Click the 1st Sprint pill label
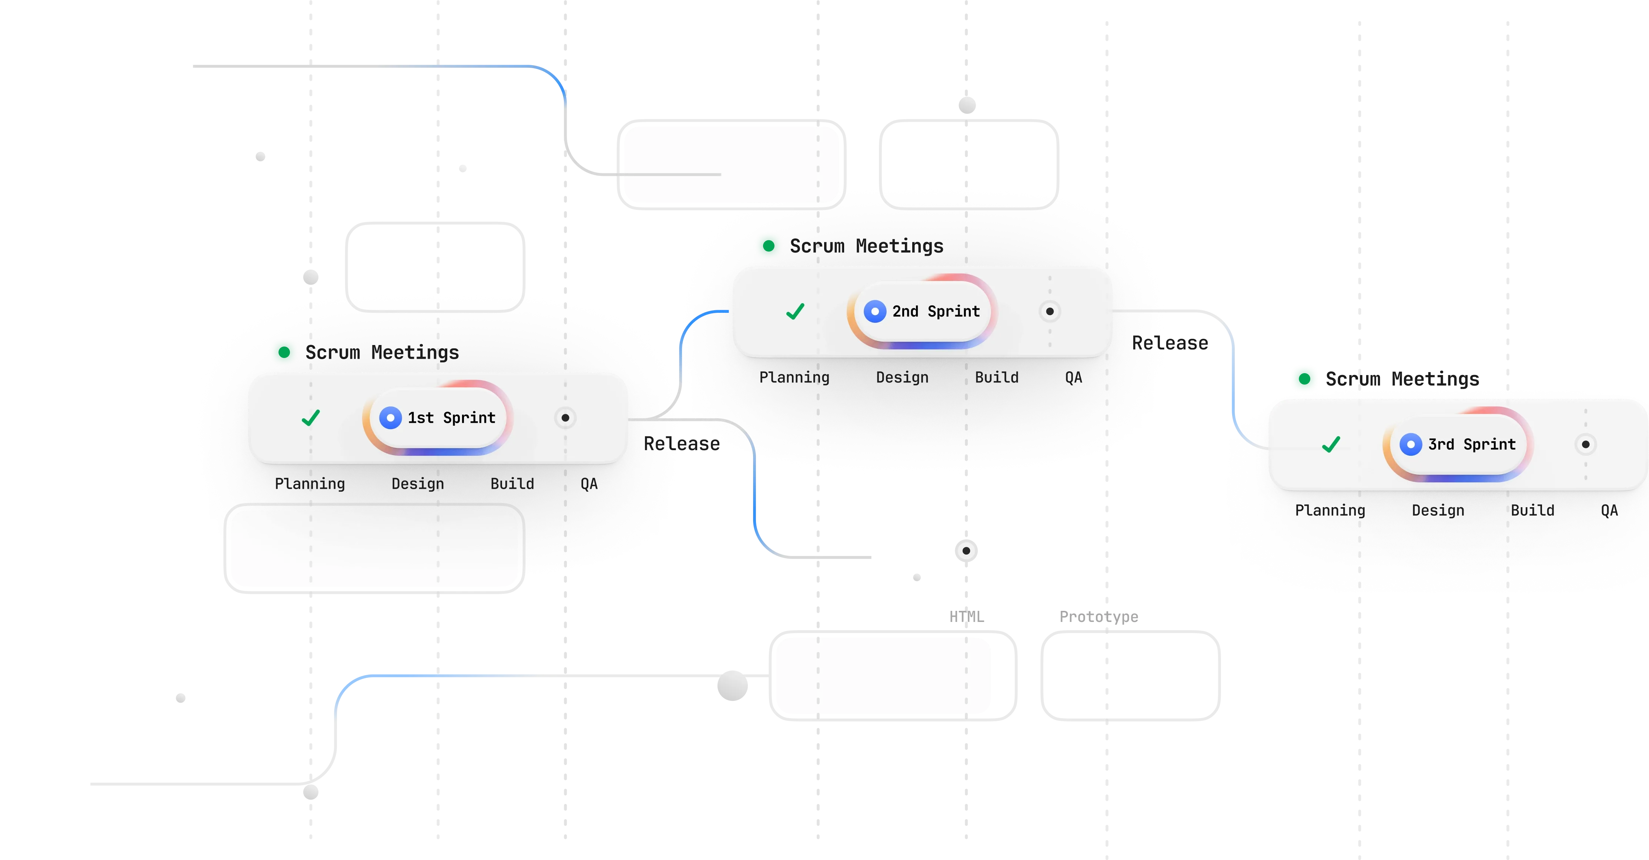451,418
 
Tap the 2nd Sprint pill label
936,312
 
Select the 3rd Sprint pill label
1472,445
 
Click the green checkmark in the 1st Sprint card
311,418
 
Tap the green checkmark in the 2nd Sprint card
795,312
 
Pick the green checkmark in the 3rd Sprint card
1331,445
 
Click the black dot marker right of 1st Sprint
565,418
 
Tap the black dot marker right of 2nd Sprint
1050,312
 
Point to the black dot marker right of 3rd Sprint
1586,445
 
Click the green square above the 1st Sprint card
284,351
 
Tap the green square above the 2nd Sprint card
768,245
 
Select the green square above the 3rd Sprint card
1304,378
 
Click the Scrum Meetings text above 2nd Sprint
867,246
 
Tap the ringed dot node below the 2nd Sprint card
966,550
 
